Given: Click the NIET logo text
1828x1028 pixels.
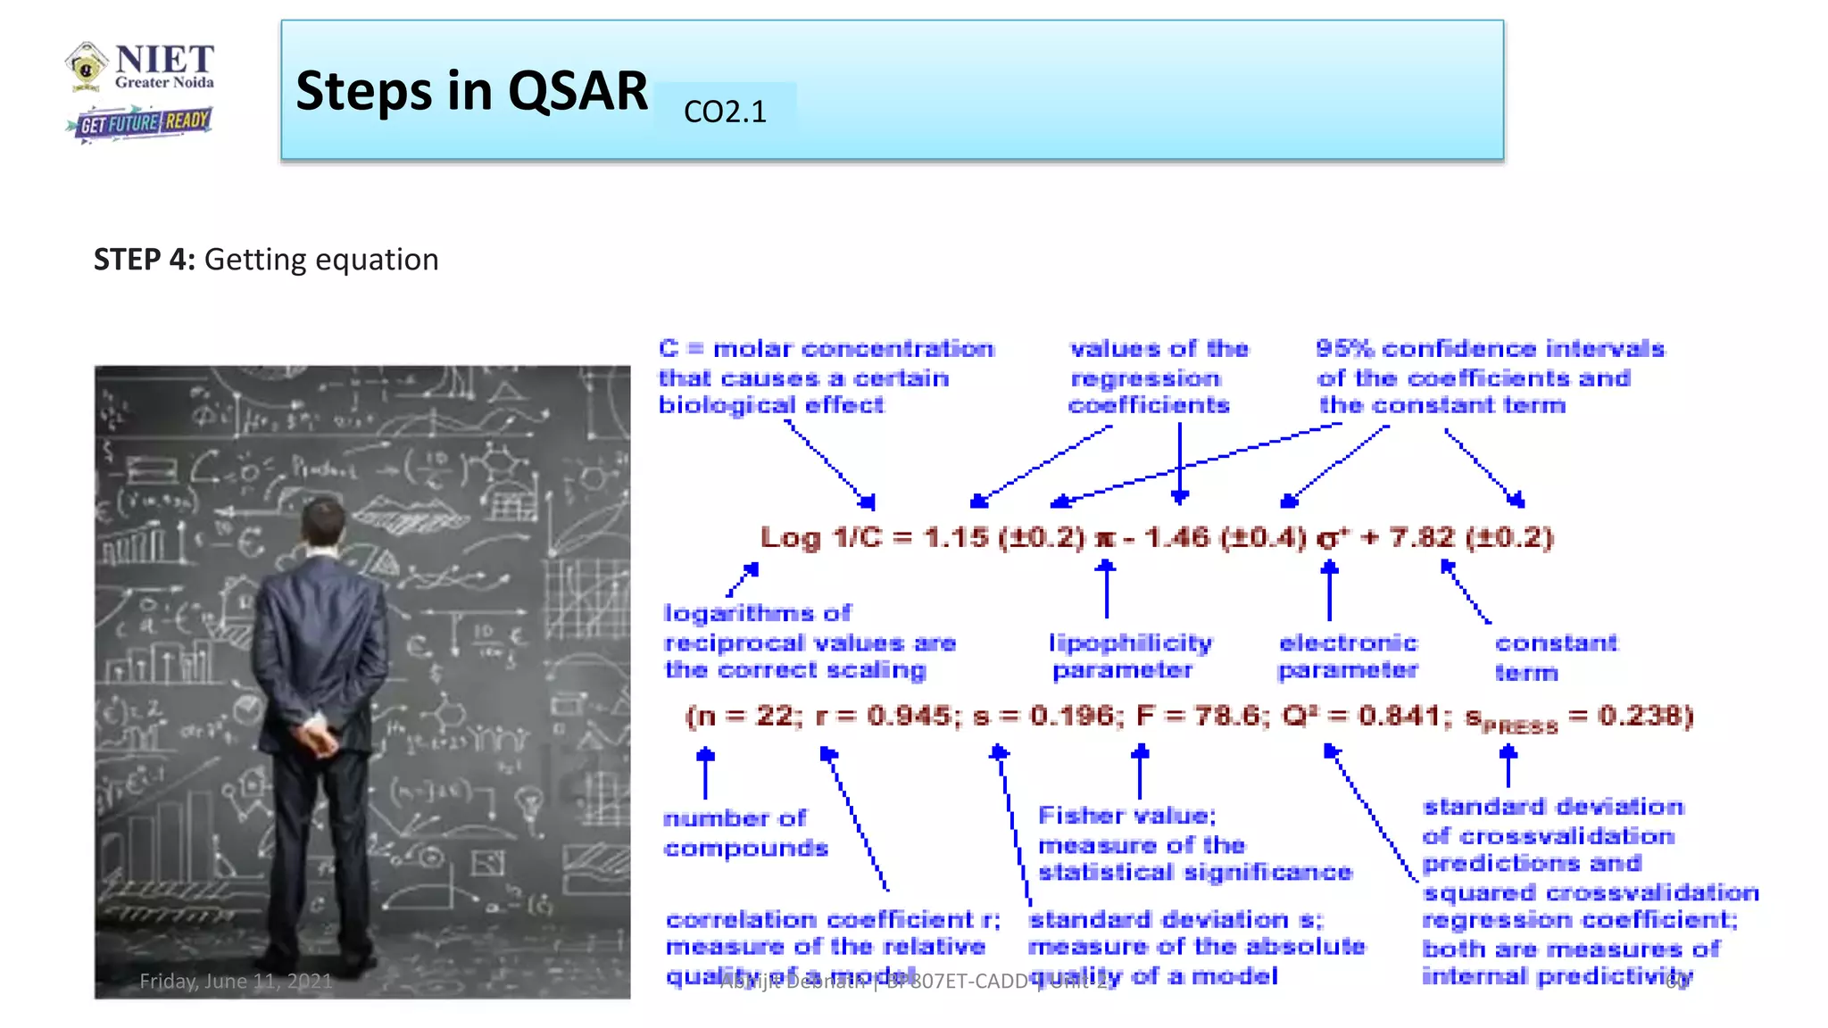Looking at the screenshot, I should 164,61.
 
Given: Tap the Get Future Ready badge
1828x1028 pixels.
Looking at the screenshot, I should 143,122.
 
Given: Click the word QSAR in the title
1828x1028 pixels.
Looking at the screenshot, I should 577,91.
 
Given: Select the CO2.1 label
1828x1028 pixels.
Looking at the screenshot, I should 724,112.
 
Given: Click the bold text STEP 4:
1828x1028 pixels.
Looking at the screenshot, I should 144,260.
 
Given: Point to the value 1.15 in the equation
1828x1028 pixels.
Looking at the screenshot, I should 956,538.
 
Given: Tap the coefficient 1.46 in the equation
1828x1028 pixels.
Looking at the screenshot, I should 1178,538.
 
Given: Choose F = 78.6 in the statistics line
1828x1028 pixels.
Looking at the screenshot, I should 1201,716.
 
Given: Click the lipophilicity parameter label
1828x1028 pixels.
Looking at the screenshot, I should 1129,656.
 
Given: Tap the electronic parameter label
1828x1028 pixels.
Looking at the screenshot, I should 1348,656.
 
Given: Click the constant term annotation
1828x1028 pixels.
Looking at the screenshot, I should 1555,657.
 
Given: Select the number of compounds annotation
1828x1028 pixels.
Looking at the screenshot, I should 744,833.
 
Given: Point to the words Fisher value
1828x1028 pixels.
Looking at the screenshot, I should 1126,816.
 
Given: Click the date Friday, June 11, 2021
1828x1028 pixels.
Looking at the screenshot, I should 236,981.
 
